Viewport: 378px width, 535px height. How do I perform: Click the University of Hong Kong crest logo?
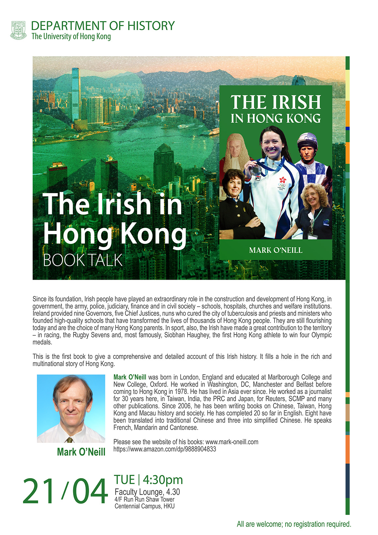pyautogui.click(x=18, y=30)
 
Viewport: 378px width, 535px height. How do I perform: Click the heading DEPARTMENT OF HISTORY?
pyautogui.click(x=103, y=26)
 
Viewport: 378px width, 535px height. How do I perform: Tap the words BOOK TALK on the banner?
pyautogui.click(x=83, y=260)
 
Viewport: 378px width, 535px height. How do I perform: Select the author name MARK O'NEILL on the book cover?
pyautogui.click(x=276, y=250)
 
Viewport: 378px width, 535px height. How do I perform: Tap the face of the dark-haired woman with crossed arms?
pyautogui.click(x=234, y=185)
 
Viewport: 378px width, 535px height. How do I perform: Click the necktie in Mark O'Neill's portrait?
pyautogui.click(x=70, y=440)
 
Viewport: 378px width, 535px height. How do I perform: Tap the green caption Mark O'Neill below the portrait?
pyautogui.click(x=81, y=452)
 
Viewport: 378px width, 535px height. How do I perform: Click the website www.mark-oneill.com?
pyautogui.click(x=232, y=442)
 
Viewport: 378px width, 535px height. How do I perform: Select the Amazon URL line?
pyautogui.click(x=165, y=449)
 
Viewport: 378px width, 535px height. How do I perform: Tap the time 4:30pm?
pyautogui.click(x=163, y=480)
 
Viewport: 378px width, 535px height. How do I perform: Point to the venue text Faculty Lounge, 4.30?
pyautogui.click(x=147, y=492)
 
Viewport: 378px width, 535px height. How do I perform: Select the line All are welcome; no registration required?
pyautogui.click(x=294, y=524)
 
